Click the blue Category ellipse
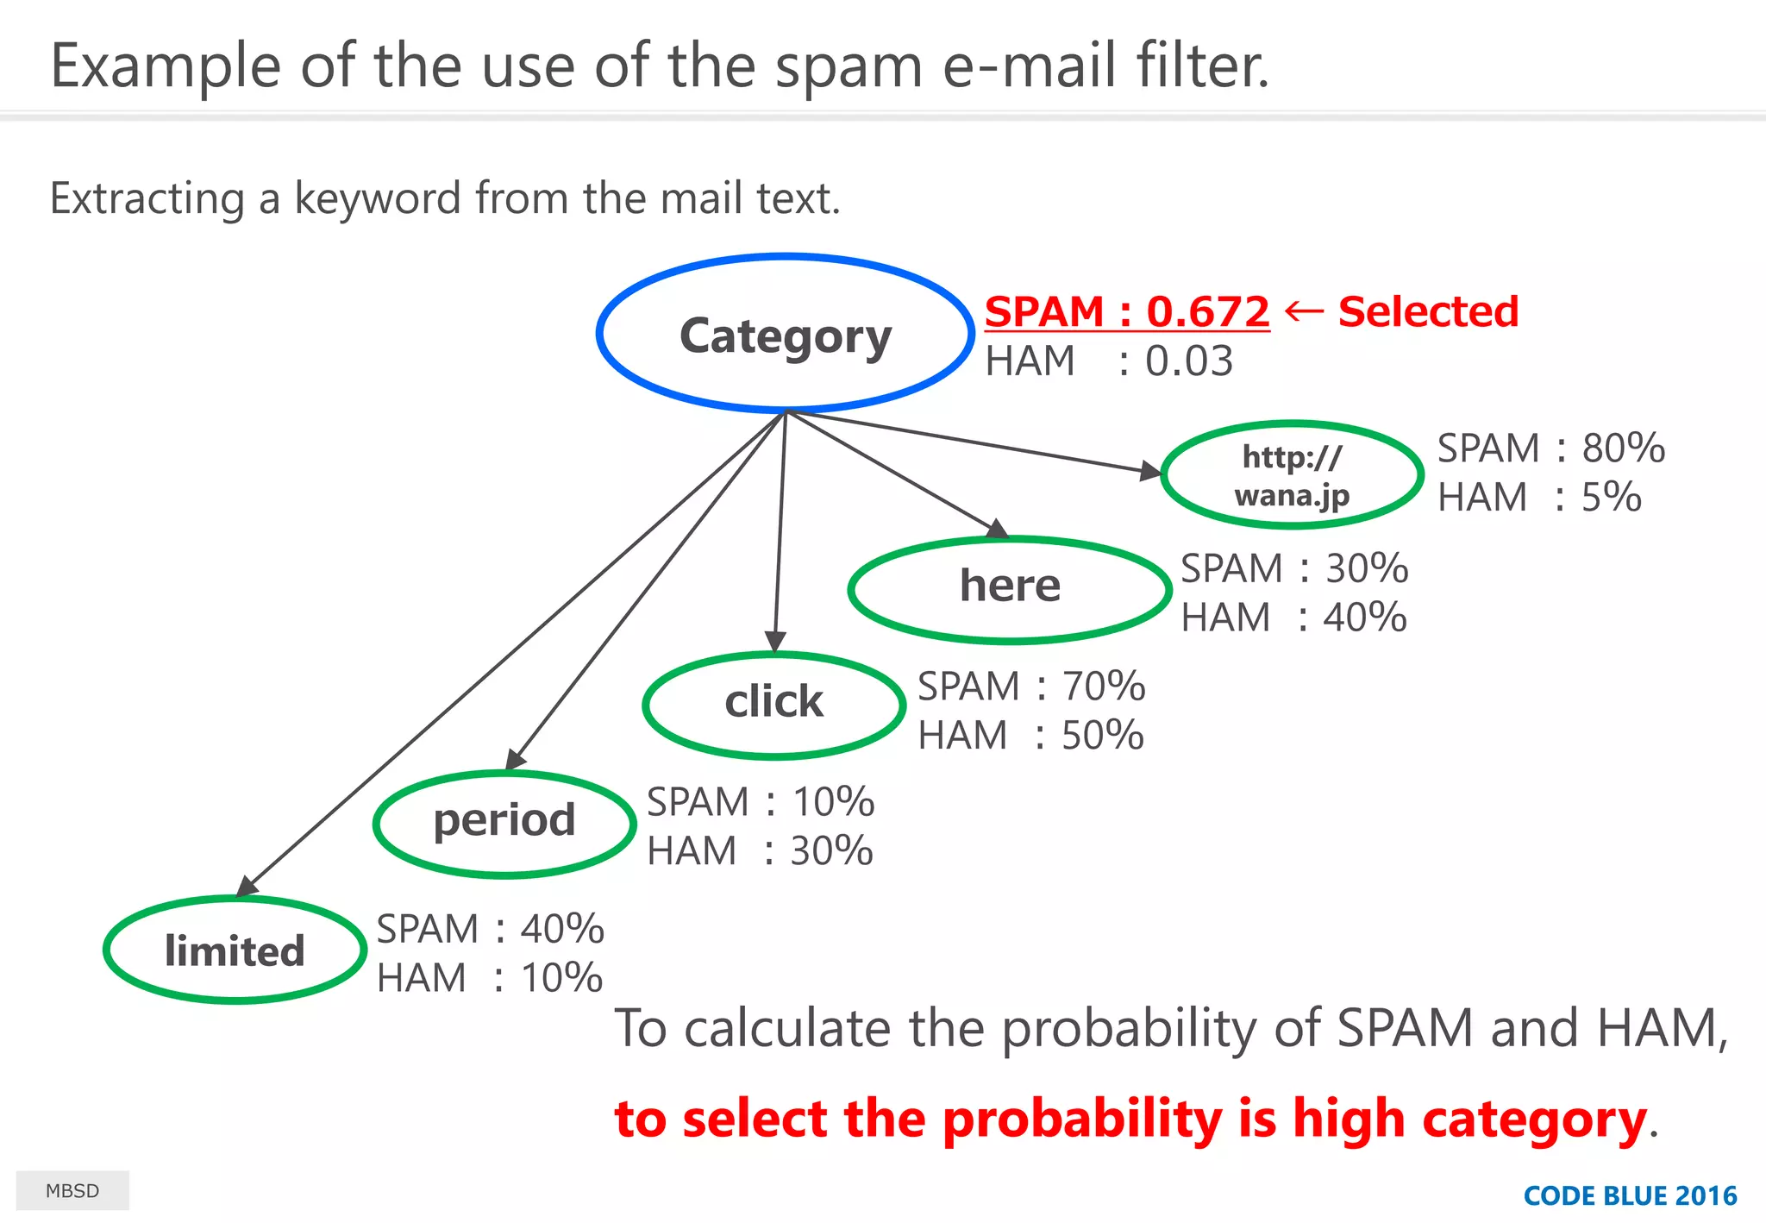tap(785, 335)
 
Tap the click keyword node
tap(773, 703)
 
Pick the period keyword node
tap(504, 821)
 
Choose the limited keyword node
tap(235, 950)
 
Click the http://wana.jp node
tap(1291, 476)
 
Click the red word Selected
tap(1428, 312)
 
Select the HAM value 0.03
tap(1188, 361)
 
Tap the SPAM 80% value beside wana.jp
tap(1623, 448)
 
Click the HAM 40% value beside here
tap(1364, 618)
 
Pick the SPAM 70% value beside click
tap(1103, 687)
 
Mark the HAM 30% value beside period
tap(831, 851)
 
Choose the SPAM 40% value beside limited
tap(561, 930)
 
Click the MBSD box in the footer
tap(72, 1191)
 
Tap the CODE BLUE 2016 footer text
tap(1630, 1196)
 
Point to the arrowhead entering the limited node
tap(247, 887)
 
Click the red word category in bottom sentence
tap(1534, 1120)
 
